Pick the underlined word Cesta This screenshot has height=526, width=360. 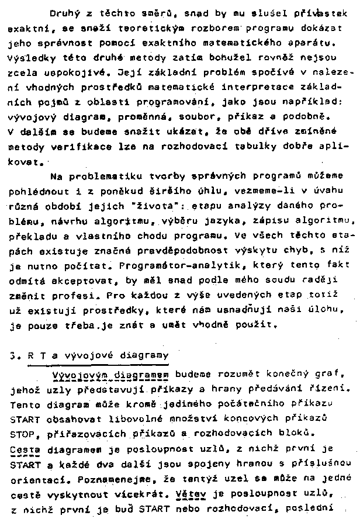tap(23, 448)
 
